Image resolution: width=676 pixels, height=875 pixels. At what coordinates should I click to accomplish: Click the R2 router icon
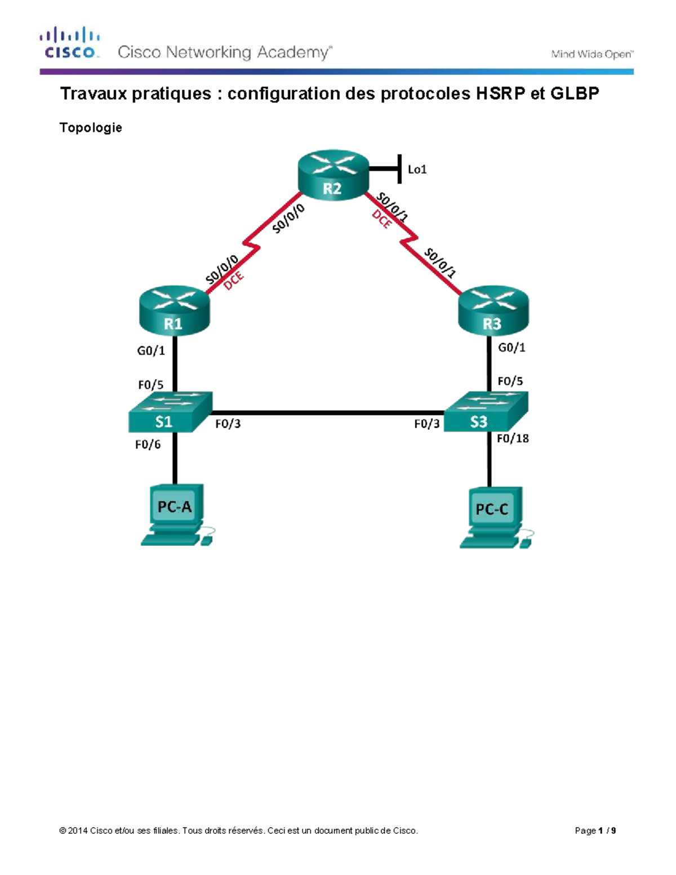[332, 175]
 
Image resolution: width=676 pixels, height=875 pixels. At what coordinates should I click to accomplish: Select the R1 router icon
[174, 310]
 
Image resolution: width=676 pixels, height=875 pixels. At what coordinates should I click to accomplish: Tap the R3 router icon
[493, 310]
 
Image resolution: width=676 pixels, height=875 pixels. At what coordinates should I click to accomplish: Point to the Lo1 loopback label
[417, 170]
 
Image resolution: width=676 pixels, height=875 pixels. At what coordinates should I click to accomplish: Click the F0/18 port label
[513, 438]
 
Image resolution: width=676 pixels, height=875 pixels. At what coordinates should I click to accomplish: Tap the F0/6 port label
[148, 445]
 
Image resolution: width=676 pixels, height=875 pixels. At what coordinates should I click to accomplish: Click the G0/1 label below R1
[151, 350]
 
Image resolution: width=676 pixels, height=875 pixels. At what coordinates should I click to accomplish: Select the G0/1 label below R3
[512, 348]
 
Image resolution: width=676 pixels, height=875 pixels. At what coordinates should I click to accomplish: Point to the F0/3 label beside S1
[228, 424]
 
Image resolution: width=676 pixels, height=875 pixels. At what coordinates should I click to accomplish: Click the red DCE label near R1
[234, 280]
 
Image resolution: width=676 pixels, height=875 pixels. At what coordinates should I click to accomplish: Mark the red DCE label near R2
[382, 219]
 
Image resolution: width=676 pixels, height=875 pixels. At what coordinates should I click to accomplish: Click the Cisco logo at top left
[70, 43]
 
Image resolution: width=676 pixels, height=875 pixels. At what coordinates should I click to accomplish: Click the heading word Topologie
[91, 128]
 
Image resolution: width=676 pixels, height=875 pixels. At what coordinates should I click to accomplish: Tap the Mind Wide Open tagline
[591, 54]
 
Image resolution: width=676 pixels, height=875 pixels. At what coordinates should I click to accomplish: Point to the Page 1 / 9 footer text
[595, 830]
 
